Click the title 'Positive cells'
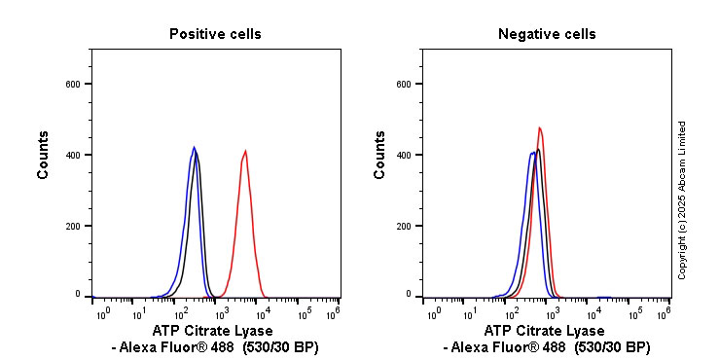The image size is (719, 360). point(215,34)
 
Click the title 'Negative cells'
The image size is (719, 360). point(547,34)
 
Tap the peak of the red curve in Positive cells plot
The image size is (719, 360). point(245,151)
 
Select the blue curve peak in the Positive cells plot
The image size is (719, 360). point(194,148)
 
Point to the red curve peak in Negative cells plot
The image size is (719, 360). point(539,127)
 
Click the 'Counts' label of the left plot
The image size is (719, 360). point(44,156)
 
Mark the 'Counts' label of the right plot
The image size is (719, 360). point(380,156)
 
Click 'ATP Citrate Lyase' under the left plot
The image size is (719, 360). point(215,331)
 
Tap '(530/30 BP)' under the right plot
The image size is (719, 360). point(612,347)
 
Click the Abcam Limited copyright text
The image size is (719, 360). point(682,199)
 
